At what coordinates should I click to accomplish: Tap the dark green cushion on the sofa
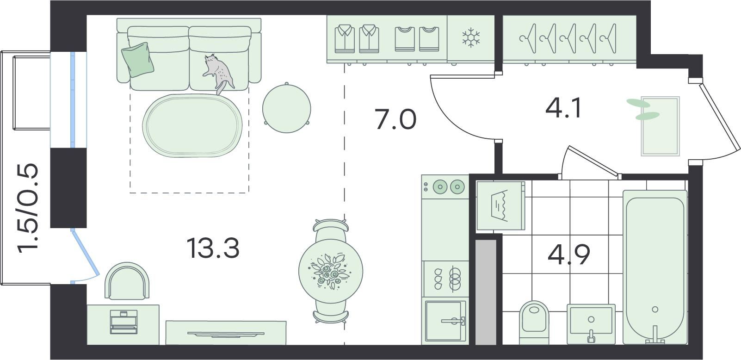138,60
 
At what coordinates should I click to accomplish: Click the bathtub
655,267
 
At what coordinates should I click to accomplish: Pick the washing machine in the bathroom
500,205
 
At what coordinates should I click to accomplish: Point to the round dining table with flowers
330,271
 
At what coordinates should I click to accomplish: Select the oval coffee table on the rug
192,126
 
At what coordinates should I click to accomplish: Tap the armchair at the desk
127,281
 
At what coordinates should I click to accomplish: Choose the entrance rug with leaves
660,126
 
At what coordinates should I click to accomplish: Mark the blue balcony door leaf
86,253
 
